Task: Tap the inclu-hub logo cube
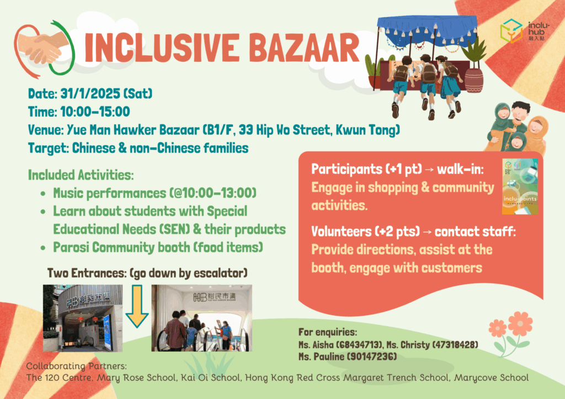click(511, 31)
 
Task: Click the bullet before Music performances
click(43, 194)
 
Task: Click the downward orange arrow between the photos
click(136, 312)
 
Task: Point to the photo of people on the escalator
click(201, 318)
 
